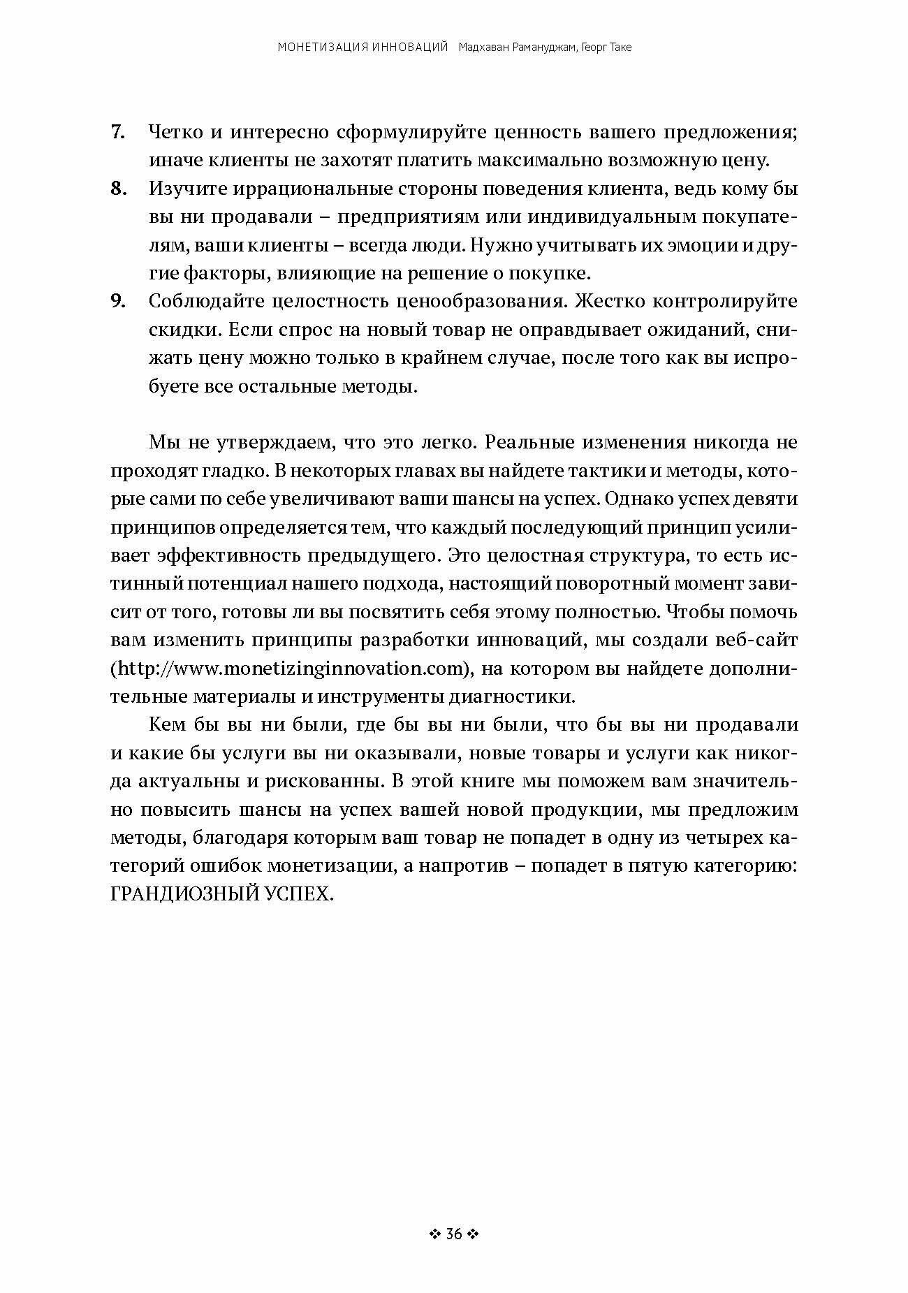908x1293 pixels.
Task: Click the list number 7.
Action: tap(117, 133)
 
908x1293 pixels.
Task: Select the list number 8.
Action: tap(117, 189)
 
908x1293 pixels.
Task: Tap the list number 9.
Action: tap(117, 302)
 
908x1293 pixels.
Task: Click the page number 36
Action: tap(453, 1234)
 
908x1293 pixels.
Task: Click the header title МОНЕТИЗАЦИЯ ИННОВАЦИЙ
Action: tap(363, 48)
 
